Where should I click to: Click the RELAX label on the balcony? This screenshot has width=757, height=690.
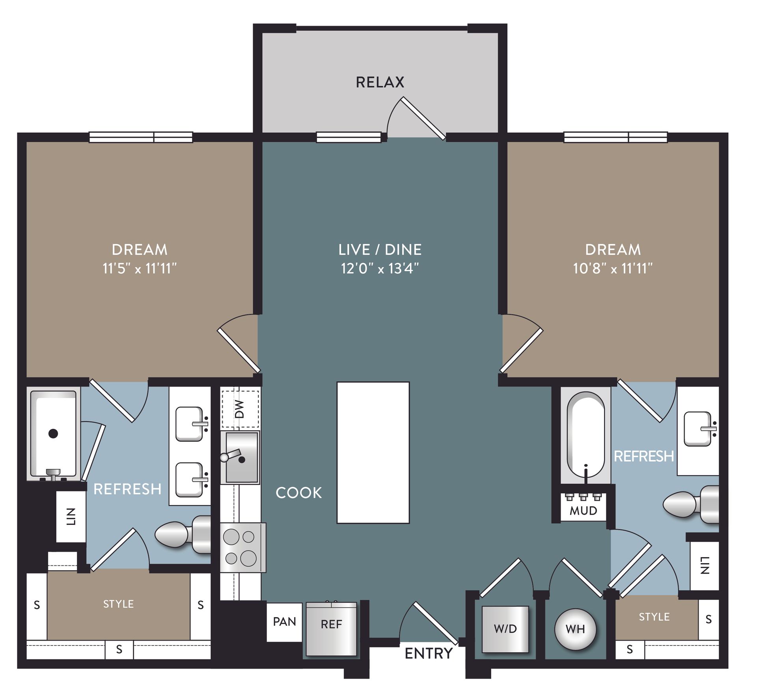coord(380,82)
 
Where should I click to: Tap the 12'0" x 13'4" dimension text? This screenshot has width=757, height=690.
coord(380,269)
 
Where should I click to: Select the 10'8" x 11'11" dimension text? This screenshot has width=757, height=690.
coord(613,269)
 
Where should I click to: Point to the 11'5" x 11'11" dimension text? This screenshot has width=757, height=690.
coord(140,269)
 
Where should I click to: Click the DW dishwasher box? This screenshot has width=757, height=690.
coord(240,409)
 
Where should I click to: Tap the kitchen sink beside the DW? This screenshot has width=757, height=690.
coord(241,457)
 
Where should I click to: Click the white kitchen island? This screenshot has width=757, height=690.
coord(373,452)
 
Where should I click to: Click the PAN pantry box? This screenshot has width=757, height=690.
coord(284,621)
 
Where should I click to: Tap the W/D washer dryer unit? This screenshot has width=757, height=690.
coord(505,629)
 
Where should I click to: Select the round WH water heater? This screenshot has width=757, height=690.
coord(575,629)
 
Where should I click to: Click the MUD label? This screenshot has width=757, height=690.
coord(583,511)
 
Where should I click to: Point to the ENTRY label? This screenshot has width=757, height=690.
coord(429,654)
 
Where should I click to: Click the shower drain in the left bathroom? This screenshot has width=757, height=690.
coord(53,433)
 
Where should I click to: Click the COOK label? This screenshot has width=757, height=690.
coord(298,493)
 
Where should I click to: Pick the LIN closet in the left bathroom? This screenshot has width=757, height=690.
coord(71,516)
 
